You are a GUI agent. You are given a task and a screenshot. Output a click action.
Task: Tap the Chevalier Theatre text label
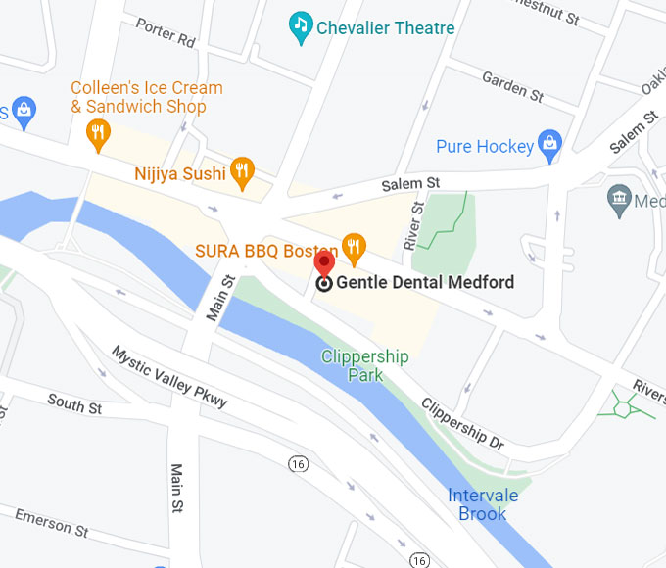pyautogui.click(x=385, y=27)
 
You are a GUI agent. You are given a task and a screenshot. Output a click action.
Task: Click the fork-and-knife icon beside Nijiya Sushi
pyautogui.click(x=241, y=172)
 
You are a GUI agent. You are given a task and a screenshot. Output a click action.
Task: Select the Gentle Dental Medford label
pyautogui.click(x=425, y=283)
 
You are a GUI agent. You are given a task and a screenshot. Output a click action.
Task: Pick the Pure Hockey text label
pyautogui.click(x=485, y=147)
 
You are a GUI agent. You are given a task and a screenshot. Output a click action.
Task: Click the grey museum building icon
pyautogui.click(x=619, y=200)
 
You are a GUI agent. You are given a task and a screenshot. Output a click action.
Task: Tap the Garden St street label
pyautogui.click(x=512, y=86)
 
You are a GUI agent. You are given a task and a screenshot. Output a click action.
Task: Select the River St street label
pyautogui.click(x=416, y=226)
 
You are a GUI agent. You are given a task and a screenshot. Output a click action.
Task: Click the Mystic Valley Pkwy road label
pyautogui.click(x=168, y=376)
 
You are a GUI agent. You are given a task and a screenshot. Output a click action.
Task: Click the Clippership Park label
pyautogui.click(x=364, y=364)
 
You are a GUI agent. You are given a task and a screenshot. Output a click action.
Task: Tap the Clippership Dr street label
pyautogui.click(x=462, y=423)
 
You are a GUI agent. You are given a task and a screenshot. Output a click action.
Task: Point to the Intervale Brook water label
pyautogui.click(x=483, y=503)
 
